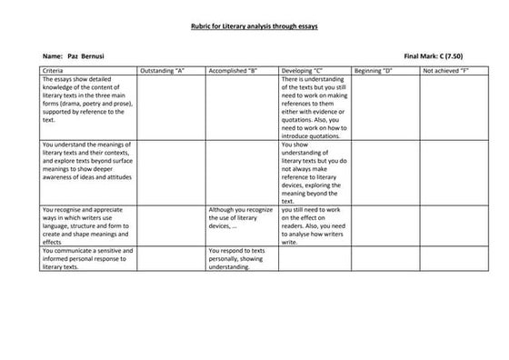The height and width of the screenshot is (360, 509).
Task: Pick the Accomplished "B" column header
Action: tap(234, 70)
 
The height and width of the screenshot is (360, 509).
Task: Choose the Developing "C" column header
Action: tap(303, 70)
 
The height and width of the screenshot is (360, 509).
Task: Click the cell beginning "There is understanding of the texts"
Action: tap(314, 106)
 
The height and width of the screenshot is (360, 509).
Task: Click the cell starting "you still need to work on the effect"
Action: tap(314, 225)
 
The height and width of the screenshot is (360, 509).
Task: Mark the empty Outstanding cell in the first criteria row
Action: tap(171, 106)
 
